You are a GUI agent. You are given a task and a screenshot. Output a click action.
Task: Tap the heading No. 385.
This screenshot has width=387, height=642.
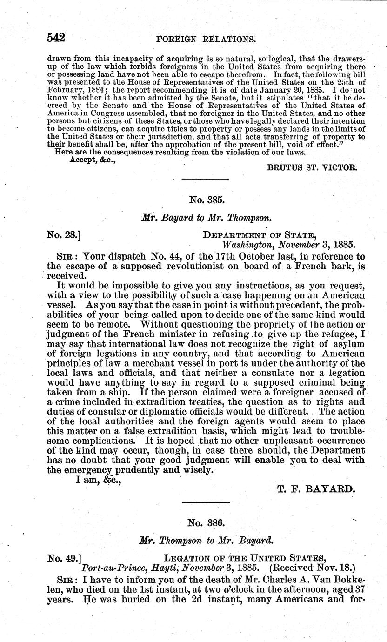pos(207,201)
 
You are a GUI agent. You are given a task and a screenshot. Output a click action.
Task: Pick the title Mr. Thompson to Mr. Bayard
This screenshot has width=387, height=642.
pos(207,542)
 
